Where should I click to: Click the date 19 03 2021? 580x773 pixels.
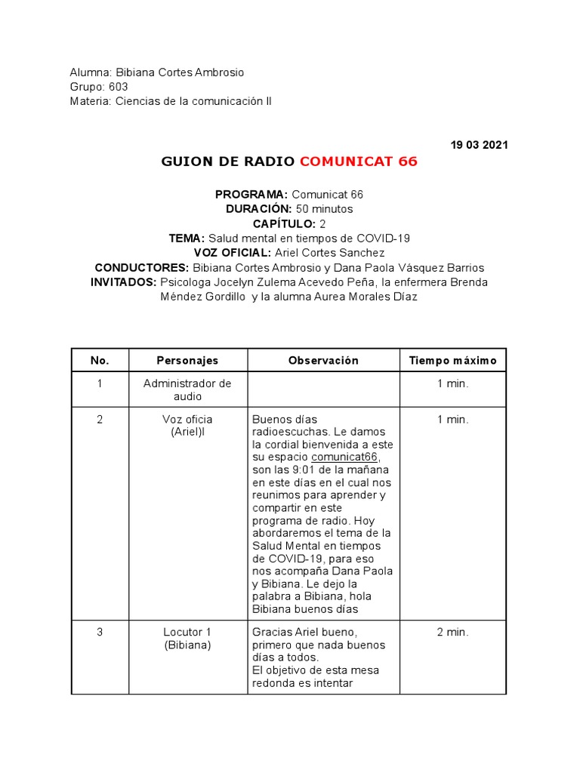pyautogui.click(x=479, y=145)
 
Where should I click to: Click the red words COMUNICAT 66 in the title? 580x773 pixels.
pyautogui.click(x=358, y=162)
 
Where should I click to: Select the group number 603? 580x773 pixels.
pyautogui.click(x=118, y=87)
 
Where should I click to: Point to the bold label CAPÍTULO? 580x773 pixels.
pyautogui.click(x=284, y=223)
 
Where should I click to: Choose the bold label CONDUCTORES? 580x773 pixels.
pyautogui.click(x=142, y=268)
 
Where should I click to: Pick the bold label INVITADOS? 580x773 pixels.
pyautogui.click(x=124, y=282)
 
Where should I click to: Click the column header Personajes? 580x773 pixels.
pyautogui.click(x=187, y=361)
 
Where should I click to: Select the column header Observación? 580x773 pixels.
pyautogui.click(x=323, y=361)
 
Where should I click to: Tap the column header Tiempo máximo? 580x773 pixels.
pyautogui.click(x=452, y=361)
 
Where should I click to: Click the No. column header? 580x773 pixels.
pyautogui.click(x=100, y=361)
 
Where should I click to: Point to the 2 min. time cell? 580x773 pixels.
pyautogui.click(x=452, y=633)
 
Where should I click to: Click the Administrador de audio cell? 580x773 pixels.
pyautogui.click(x=187, y=390)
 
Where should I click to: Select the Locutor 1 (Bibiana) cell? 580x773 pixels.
pyautogui.click(x=187, y=639)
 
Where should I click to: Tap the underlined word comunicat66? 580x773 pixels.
pyautogui.click(x=344, y=457)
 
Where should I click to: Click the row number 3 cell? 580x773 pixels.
pyautogui.click(x=100, y=633)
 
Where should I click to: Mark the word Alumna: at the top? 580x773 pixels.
pyautogui.click(x=91, y=72)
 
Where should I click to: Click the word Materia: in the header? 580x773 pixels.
pyautogui.click(x=91, y=101)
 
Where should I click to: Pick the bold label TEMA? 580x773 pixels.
pyautogui.click(x=187, y=239)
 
